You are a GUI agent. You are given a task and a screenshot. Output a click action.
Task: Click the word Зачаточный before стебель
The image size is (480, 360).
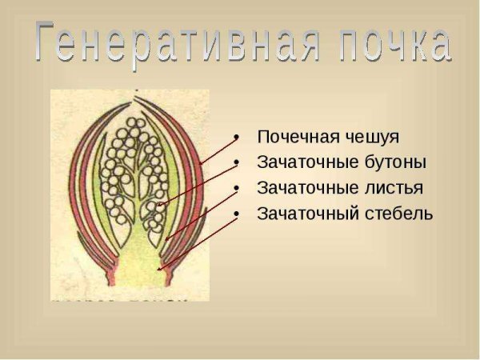(303, 214)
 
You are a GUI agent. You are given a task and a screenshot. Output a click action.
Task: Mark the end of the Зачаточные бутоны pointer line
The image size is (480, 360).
(159, 205)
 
